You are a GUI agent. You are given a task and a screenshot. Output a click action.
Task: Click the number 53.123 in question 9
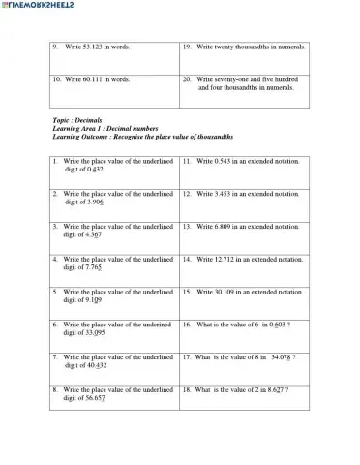coord(92,46)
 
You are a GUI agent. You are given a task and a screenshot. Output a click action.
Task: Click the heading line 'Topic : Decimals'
coord(77,120)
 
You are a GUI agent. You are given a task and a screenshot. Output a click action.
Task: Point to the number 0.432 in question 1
coord(95,169)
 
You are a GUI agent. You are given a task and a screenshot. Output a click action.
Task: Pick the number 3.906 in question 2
coord(96,201)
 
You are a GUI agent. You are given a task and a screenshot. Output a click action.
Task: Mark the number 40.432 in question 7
coord(97,366)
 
